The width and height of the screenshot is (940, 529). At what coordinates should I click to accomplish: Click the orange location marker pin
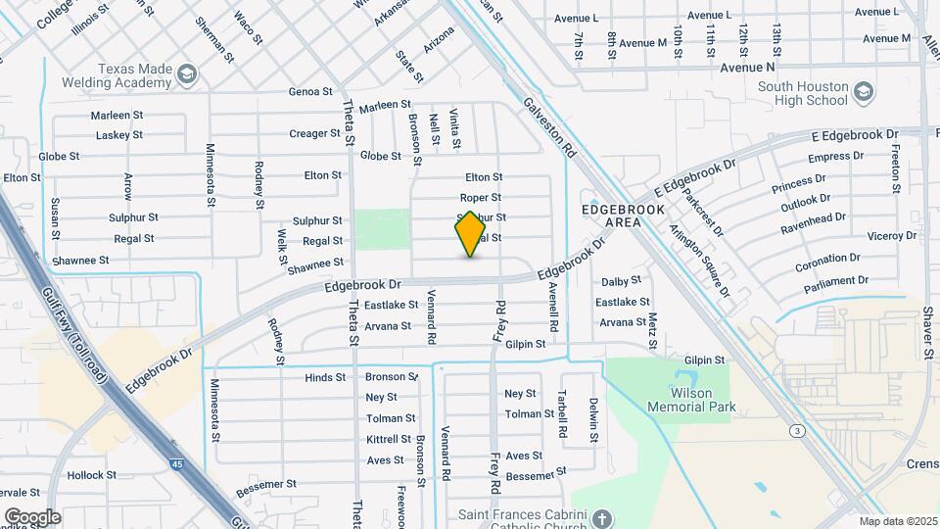[470, 233]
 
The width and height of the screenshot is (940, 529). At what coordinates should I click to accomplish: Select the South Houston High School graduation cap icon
[863, 93]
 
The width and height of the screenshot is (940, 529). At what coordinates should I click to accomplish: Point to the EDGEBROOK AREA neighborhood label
[623, 216]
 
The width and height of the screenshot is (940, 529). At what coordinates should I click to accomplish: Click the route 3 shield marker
[798, 430]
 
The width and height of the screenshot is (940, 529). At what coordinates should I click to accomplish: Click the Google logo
[32, 516]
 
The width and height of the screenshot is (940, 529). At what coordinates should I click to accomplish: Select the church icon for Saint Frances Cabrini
[602, 517]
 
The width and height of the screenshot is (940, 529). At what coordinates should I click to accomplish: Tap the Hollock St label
[92, 475]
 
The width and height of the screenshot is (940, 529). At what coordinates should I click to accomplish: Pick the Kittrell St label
[388, 439]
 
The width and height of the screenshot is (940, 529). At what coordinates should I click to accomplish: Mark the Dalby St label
[620, 281]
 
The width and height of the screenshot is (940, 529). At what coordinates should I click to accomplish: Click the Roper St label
[481, 198]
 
